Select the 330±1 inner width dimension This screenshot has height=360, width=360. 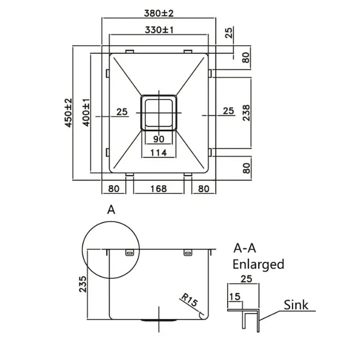pyautogui.click(x=159, y=30)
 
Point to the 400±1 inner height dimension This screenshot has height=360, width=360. pyautogui.click(x=86, y=113)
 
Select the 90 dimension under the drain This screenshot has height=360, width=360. pyautogui.click(x=159, y=139)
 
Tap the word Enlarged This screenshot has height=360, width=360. pyautogui.click(x=258, y=265)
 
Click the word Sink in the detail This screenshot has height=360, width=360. pyautogui.click(x=296, y=305)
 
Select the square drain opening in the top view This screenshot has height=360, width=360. pyautogui.click(x=159, y=113)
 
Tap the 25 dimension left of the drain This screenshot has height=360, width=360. pyautogui.click(x=121, y=112)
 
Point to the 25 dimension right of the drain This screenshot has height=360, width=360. pyautogui.click(x=229, y=112)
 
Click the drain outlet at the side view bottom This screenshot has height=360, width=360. pyautogui.click(x=159, y=321)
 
